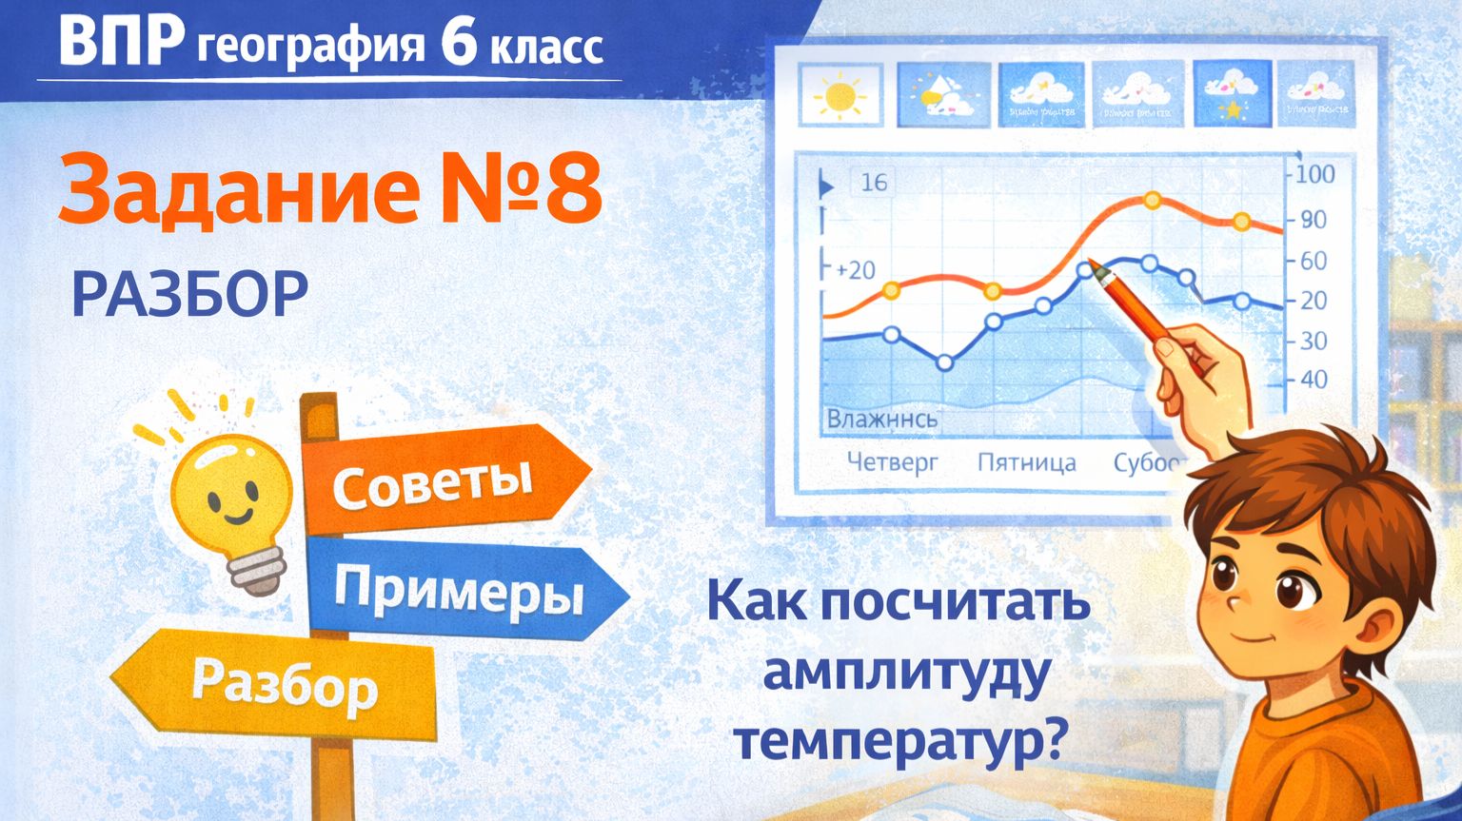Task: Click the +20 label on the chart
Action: [x=854, y=270]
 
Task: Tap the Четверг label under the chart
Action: [x=892, y=462]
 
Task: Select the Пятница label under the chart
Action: [x=1026, y=463]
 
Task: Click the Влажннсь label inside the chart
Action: [x=881, y=419]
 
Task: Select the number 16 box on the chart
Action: [x=873, y=182]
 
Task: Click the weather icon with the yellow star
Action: [x=1232, y=94]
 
